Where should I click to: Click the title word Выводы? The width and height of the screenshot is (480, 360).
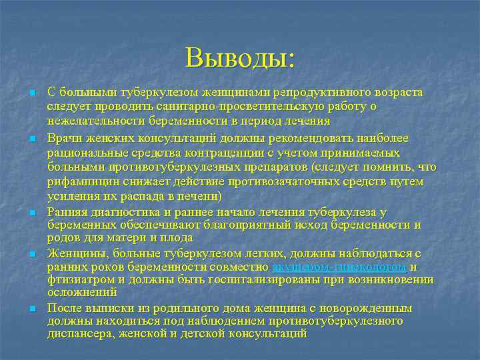(x=239, y=57)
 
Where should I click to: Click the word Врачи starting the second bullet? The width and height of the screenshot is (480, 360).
(x=62, y=137)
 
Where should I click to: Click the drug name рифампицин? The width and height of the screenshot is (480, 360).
(x=80, y=181)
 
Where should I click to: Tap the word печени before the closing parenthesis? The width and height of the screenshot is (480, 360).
(x=199, y=196)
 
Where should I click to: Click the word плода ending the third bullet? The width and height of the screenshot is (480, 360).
(x=179, y=237)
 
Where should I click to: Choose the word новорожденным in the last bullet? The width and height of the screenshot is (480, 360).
(x=371, y=308)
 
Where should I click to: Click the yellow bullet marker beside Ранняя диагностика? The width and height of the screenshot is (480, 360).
(x=31, y=212)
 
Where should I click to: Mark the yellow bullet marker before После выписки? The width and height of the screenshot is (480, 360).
(x=31, y=309)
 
